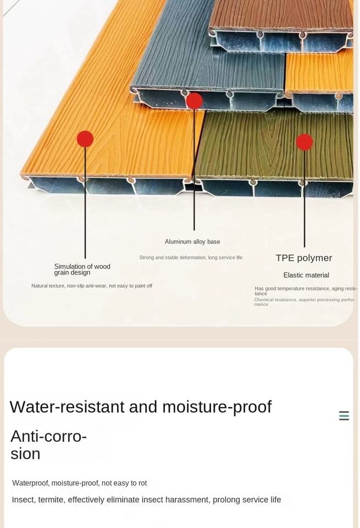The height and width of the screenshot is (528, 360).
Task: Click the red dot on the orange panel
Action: [x=85, y=139]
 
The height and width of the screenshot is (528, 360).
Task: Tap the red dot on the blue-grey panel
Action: [x=194, y=101]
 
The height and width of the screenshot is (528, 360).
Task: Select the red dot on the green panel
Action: [x=304, y=142]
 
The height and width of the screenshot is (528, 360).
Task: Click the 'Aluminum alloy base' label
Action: [x=192, y=241]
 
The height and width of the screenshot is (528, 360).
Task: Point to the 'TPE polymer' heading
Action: [x=304, y=258]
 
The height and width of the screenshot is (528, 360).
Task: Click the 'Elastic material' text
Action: [x=306, y=275]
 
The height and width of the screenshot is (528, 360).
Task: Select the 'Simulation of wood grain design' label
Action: [x=82, y=269]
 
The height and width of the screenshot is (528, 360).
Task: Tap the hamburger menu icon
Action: [x=344, y=416]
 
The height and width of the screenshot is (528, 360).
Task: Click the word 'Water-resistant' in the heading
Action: [x=67, y=407]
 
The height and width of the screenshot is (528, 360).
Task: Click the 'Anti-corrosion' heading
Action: [x=48, y=444]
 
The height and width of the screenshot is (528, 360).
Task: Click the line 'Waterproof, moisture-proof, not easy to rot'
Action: [x=80, y=483]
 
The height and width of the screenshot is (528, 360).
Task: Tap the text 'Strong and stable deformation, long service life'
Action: [x=191, y=257]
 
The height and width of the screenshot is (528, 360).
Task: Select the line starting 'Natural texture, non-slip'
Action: [x=92, y=286]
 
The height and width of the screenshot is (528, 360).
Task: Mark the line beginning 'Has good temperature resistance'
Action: [x=306, y=290]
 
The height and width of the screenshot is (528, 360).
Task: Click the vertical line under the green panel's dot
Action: [x=304, y=198]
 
